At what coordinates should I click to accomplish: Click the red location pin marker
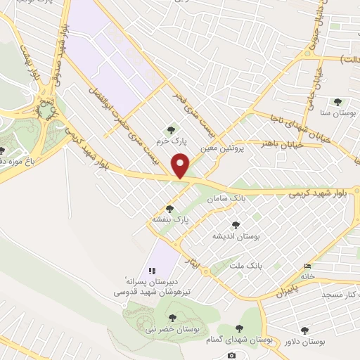pyautogui.click(x=181, y=166)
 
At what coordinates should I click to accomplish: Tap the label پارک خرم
pyautogui.click(x=170, y=141)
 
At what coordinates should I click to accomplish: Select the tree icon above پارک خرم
pyautogui.click(x=170, y=129)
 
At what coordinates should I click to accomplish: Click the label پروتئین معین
pyautogui.click(x=215, y=149)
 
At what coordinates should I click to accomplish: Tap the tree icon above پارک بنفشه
pyautogui.click(x=169, y=209)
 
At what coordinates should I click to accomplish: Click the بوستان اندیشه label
pyautogui.click(x=236, y=237)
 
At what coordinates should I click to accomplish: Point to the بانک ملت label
pyautogui.click(x=246, y=266)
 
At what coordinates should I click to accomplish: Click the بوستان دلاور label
pyautogui.click(x=304, y=342)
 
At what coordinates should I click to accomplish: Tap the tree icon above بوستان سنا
pyautogui.click(x=337, y=102)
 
